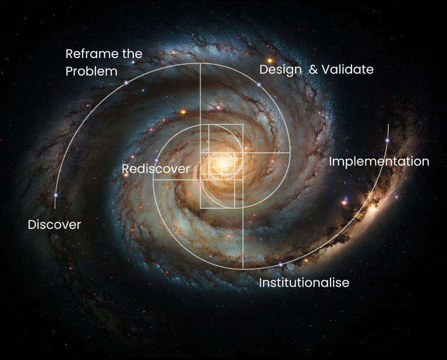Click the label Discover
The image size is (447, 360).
click(x=54, y=224)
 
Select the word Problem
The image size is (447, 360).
click(x=91, y=72)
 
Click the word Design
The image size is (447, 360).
click(x=280, y=70)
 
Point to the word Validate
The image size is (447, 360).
click(x=347, y=70)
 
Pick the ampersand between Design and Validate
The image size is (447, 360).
click(x=314, y=70)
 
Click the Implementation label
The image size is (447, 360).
click(x=379, y=162)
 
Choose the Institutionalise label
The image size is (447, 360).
click(x=304, y=283)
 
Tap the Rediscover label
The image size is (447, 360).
click(x=155, y=169)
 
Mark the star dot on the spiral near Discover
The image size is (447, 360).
click(x=56, y=195)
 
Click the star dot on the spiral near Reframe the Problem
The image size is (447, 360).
click(x=126, y=83)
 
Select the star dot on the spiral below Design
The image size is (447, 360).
click(x=259, y=85)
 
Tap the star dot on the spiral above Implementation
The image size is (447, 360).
click(x=387, y=140)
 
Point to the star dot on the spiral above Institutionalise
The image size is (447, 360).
click(x=281, y=265)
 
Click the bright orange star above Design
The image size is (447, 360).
click(x=269, y=60)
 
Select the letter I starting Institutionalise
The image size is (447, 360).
click(x=260, y=283)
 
